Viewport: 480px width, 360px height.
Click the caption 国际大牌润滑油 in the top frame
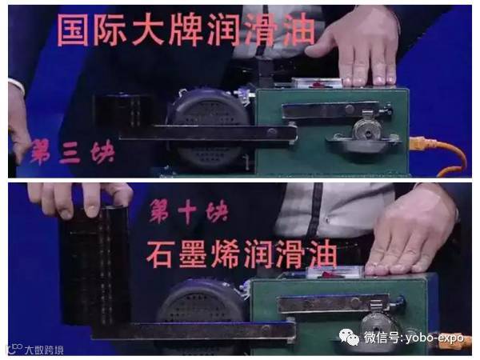click(186, 31)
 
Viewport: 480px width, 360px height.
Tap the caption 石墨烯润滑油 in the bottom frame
click(242, 254)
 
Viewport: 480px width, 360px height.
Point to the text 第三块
click(72, 151)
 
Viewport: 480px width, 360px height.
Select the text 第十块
click(189, 210)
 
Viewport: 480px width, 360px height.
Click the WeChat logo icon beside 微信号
click(350, 337)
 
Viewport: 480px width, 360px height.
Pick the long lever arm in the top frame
click(208, 133)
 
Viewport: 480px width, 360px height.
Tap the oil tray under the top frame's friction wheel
click(362, 144)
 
